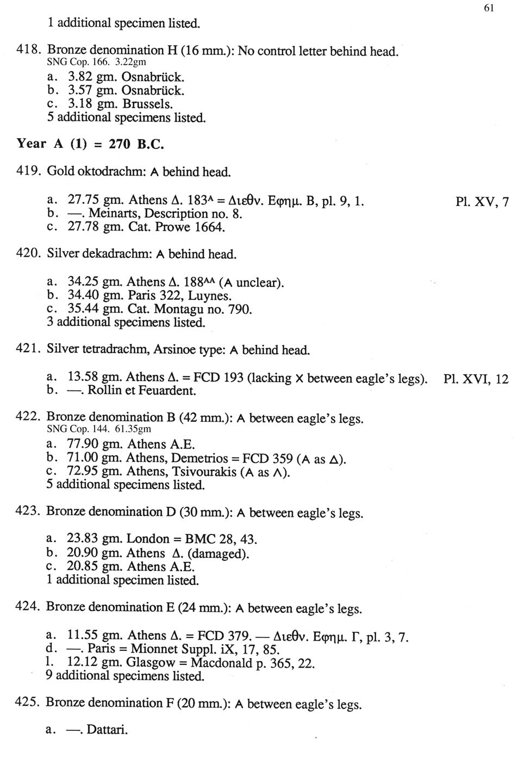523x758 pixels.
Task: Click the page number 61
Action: coord(488,8)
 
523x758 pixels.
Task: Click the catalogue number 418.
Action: coord(28,51)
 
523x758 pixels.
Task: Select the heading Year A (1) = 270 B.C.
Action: coord(90,144)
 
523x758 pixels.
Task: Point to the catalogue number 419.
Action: coord(28,171)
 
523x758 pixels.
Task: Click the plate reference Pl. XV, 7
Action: coord(482,202)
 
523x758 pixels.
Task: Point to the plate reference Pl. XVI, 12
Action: coord(476,379)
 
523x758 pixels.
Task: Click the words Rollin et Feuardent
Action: coord(141,390)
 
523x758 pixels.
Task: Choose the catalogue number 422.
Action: coord(28,417)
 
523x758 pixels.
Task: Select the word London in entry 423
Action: coord(148,539)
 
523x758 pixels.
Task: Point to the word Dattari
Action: coord(107,729)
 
